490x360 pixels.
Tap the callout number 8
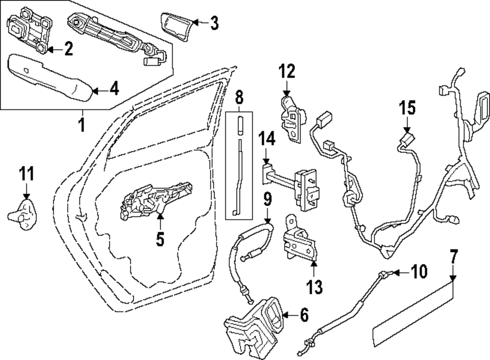tap(239, 98)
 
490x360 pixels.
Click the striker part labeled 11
tap(24, 211)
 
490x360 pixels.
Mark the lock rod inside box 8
tap(239, 167)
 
